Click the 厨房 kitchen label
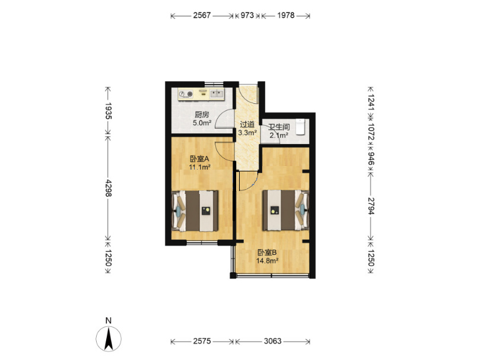pos(202,115)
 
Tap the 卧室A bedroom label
pos(199,159)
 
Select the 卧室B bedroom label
pos(267,253)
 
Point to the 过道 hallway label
pos(247,125)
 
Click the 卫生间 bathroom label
pos(279,127)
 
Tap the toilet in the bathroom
pos(301,127)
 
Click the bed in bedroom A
pos(195,211)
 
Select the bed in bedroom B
pos(285,210)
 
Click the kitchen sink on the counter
pos(217,94)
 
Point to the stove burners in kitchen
pos(186,94)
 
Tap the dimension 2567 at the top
pos(202,15)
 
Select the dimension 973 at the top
pos(247,15)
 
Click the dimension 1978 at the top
pos(286,15)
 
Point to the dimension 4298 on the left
pos(109,188)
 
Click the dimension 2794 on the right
pos(371,206)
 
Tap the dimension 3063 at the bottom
pos(273,341)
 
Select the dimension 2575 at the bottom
pos(202,341)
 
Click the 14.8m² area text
pos(267,261)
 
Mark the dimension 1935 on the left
pos(109,111)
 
